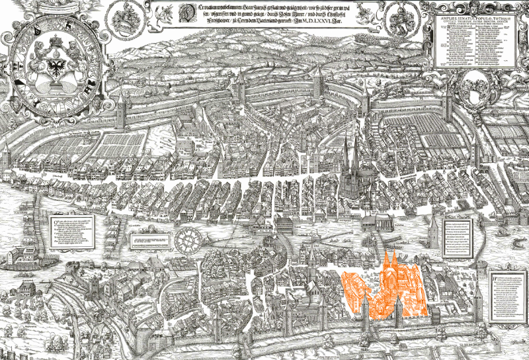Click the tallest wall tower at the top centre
tap(320, 85)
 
